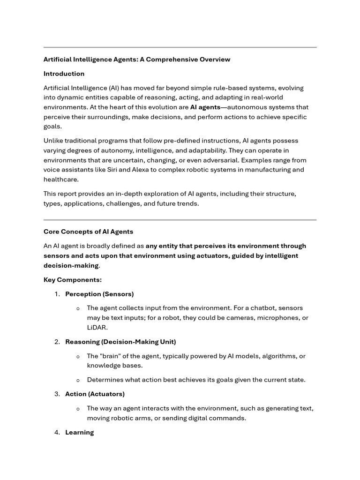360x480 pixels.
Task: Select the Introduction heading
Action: (x=64, y=74)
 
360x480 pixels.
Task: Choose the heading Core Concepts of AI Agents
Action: (x=88, y=232)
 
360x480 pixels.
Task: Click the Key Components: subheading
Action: (x=72, y=280)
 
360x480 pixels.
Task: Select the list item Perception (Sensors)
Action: (x=99, y=294)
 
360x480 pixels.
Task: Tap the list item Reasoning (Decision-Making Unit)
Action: (x=120, y=342)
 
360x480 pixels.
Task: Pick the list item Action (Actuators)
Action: (x=95, y=394)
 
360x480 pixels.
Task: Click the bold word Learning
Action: (x=79, y=432)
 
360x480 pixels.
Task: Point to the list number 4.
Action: (x=57, y=432)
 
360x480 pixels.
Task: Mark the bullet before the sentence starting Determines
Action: (x=78, y=380)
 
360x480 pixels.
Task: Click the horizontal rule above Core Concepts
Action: (x=180, y=219)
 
